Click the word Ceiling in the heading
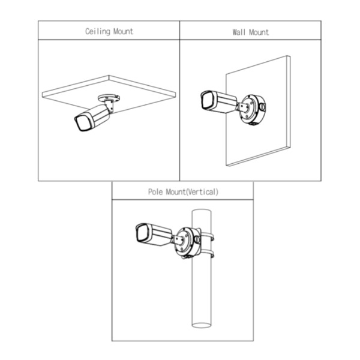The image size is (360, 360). [x=98, y=31]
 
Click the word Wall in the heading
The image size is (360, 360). [x=239, y=32]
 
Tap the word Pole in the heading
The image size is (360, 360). [x=155, y=192]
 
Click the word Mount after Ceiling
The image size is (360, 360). [x=123, y=31]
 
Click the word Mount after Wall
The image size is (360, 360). [x=259, y=32]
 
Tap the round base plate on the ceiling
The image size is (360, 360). [x=109, y=98]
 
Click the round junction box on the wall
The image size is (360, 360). [x=253, y=110]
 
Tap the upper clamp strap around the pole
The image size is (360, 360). [x=207, y=237]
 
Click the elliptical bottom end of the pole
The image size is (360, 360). [x=202, y=325]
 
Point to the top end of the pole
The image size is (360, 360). [x=202, y=212]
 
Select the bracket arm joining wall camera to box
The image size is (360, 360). [x=242, y=107]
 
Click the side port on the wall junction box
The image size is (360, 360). [x=262, y=107]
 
